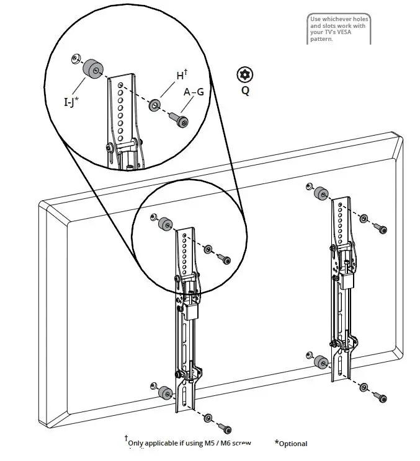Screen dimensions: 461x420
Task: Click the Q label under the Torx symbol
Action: click(246, 90)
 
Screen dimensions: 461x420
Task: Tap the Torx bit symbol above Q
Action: click(246, 75)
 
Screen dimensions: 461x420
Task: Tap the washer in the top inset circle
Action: click(153, 105)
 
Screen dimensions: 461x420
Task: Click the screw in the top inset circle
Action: click(181, 121)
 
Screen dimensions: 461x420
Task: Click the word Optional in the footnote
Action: click(293, 444)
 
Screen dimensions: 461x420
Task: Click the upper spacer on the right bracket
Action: click(321, 193)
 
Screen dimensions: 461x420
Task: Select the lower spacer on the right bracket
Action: click(321, 362)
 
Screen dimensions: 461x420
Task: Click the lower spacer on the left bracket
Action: click(166, 393)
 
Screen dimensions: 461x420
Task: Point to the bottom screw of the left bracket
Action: click(226, 429)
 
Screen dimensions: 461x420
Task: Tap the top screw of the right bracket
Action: click(382, 228)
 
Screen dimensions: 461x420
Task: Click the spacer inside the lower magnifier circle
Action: click(166, 224)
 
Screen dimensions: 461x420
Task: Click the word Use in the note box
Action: click(316, 19)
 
